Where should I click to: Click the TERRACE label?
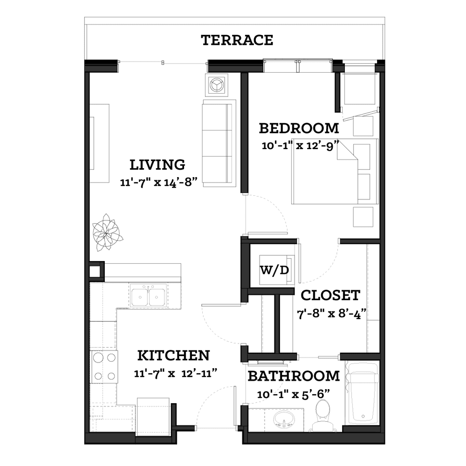coord(237,40)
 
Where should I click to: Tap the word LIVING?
coord(157,164)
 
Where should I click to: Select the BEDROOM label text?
coord(299,129)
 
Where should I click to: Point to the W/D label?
coord(274,270)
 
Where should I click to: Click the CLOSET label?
coord(330,295)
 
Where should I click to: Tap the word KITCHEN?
coord(173,356)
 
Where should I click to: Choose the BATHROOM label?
coord(294,376)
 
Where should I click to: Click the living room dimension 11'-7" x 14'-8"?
coord(159,182)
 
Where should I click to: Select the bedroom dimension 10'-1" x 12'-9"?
coord(301,146)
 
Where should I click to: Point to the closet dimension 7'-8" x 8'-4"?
coord(331,314)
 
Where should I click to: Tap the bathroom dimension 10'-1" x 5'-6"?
coord(294,394)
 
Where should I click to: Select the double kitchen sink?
coord(148,295)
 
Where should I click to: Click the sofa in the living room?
coord(219,143)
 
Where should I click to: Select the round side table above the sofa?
coord(217,85)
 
